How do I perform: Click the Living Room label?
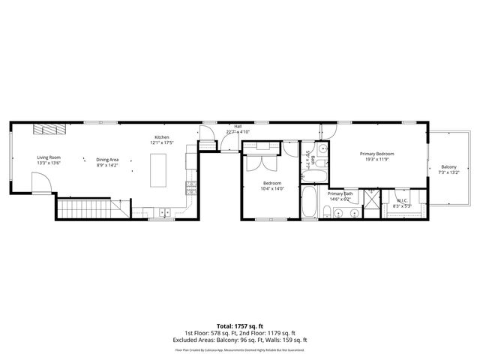49,157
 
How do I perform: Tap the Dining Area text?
107,159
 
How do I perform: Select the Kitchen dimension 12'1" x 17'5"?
161,142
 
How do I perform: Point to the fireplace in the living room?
50,130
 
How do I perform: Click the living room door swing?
41,181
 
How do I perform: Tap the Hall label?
238,126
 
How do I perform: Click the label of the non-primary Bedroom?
271,183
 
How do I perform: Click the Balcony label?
448,166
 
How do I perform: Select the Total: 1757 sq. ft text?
239,326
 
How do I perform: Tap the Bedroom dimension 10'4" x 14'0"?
271,188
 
